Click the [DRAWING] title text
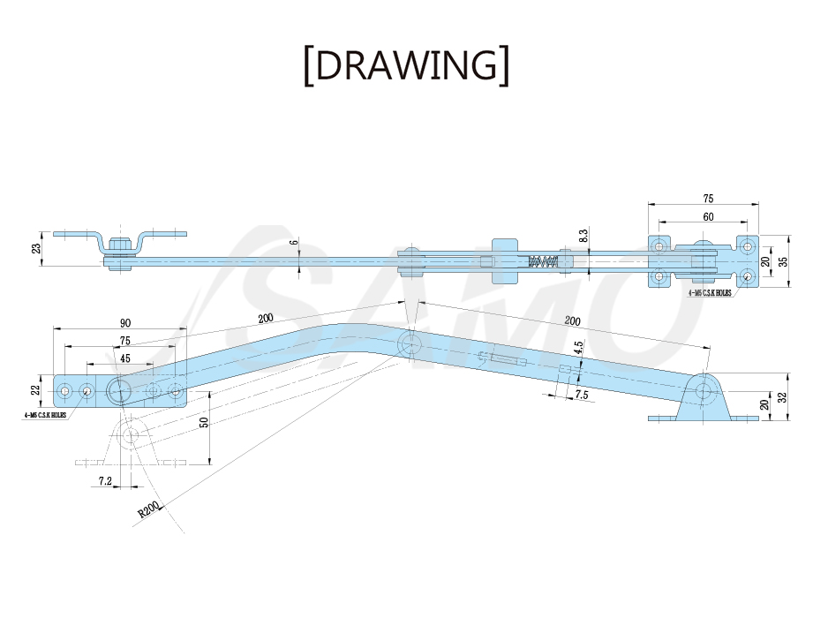point(406,65)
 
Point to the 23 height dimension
point(36,249)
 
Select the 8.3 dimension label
point(583,237)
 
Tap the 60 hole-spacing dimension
point(708,216)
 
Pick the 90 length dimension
point(125,323)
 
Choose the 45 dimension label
point(125,358)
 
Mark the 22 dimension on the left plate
point(36,389)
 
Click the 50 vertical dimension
point(204,422)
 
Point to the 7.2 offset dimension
point(105,481)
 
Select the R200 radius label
point(148,509)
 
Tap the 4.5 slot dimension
point(579,347)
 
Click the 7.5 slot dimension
point(582,395)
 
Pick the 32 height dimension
point(783,397)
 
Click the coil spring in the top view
point(543,262)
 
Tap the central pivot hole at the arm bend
point(410,343)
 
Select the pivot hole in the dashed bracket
point(131,435)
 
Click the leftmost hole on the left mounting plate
point(64,390)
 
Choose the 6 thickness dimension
point(295,242)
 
